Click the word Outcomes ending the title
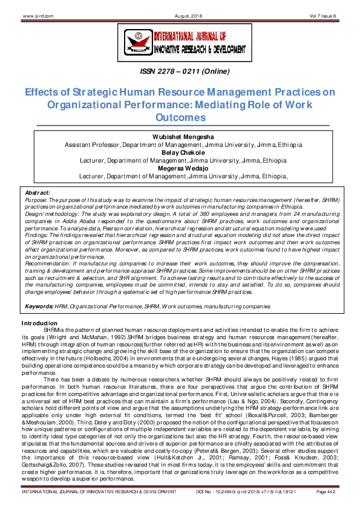click(180, 117)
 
